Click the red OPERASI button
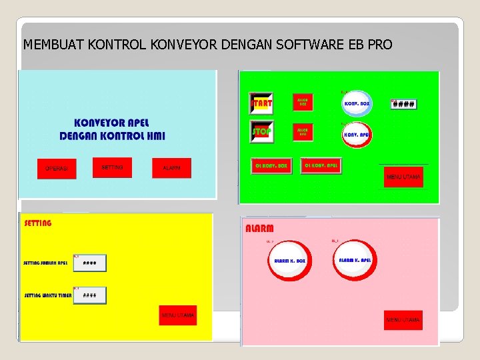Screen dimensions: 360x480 [x=57, y=169]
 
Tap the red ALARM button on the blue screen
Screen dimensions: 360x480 [x=171, y=168]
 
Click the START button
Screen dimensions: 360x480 [x=261, y=104]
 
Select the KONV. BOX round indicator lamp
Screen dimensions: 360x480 [x=356, y=104]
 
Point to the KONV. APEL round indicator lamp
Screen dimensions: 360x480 [x=356, y=135]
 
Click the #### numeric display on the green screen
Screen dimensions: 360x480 [x=403, y=105]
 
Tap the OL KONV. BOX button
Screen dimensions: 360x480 [x=271, y=166]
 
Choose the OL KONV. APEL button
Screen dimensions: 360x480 [x=321, y=165]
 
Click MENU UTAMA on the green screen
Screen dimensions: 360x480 [x=403, y=177]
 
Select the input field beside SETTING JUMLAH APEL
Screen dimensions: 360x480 [x=90, y=263]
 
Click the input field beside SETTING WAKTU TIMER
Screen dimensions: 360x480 [x=90, y=295]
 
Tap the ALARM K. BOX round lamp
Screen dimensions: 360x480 [x=289, y=261]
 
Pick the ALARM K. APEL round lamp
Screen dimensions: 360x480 [x=355, y=260]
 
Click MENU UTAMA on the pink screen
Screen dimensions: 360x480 [x=403, y=320]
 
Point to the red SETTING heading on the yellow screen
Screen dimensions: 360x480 [x=38, y=223]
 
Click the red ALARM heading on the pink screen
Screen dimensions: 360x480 [x=260, y=228]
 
